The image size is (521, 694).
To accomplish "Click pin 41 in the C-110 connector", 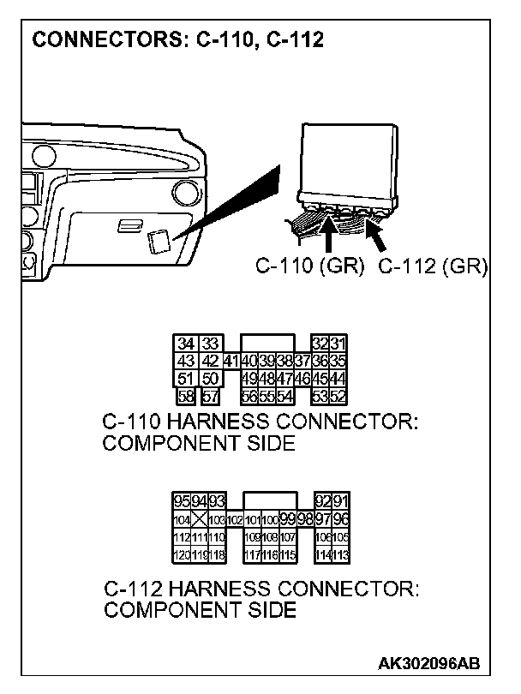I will coord(231,361).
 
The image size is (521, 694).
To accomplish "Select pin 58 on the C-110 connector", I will coord(185,395).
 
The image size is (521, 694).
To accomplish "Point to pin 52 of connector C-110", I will coord(339,395).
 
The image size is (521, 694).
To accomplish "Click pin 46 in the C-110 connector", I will coord(302,378).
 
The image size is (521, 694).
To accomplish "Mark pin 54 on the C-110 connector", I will coord(284,395).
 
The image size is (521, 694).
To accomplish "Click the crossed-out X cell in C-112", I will coord(200,519).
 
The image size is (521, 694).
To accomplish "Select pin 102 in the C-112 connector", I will coord(233,519).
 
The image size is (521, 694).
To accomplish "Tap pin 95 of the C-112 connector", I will coord(182,502).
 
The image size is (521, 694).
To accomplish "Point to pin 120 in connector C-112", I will coord(182,553).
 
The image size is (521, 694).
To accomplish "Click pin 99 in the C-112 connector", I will coord(287,519).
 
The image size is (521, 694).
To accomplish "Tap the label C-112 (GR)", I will coord(433,266).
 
